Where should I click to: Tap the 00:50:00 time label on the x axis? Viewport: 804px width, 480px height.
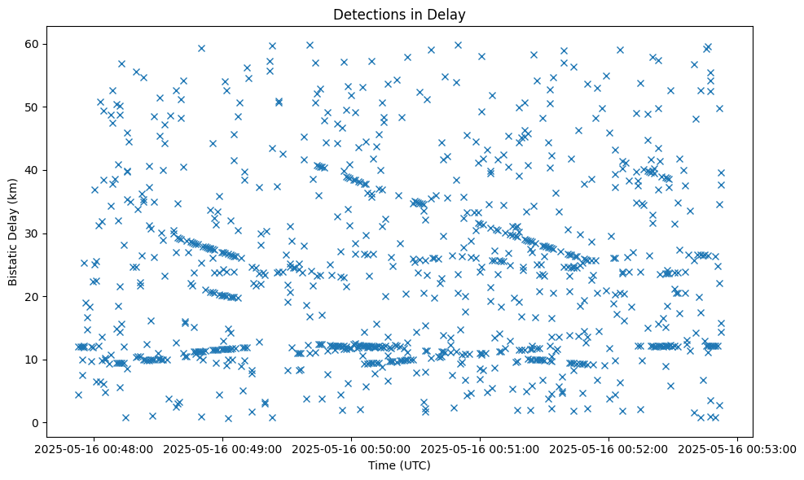point(351,448)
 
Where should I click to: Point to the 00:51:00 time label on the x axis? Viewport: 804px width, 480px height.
point(480,448)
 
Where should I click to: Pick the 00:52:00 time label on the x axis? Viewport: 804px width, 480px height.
point(608,448)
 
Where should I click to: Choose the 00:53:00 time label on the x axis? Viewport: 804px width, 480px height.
point(737,448)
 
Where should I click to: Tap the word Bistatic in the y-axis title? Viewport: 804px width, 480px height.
point(13,260)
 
